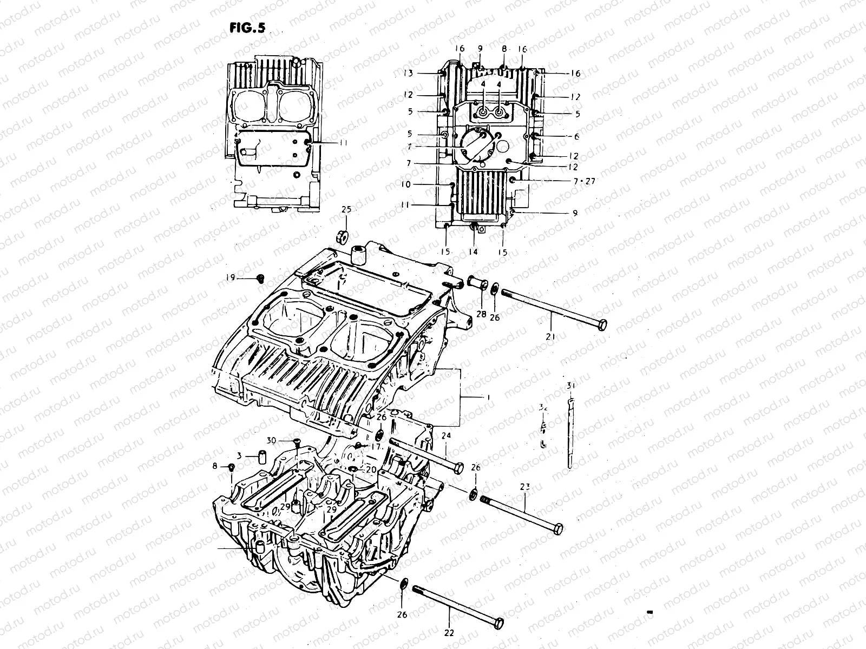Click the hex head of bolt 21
pyautogui.click(x=600, y=325)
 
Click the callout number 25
pyautogui.click(x=346, y=209)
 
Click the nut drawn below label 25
pyautogui.click(x=342, y=236)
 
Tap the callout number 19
pyautogui.click(x=231, y=278)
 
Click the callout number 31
pyautogui.click(x=570, y=386)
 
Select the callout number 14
pyautogui.click(x=474, y=252)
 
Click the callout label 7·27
pyautogui.click(x=582, y=181)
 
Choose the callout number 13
pyautogui.click(x=408, y=73)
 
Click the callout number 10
pyautogui.click(x=406, y=184)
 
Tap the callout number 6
pyautogui.click(x=576, y=137)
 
